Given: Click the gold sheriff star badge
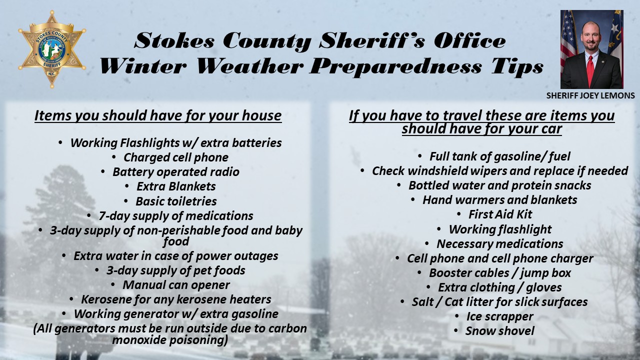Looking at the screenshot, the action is [52, 49].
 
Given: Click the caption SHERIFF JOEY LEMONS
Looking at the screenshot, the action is [590, 95].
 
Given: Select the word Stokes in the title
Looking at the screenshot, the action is [174, 40].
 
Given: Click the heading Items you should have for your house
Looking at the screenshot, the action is [158, 115].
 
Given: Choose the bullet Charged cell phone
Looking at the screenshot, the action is [175, 157].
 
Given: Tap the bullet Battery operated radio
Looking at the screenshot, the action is [175, 172].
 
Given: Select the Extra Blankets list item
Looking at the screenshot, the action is [176, 186].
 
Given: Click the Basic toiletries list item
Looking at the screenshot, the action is [176, 201].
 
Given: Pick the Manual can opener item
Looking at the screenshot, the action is [176, 285].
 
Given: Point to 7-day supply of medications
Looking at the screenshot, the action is [175, 216].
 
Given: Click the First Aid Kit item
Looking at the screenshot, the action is [500, 214].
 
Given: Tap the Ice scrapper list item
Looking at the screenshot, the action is [499, 316].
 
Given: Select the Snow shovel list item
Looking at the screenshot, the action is [499, 331].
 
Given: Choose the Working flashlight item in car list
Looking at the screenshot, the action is [500, 229].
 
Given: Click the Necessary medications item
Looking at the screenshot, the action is [499, 244].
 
